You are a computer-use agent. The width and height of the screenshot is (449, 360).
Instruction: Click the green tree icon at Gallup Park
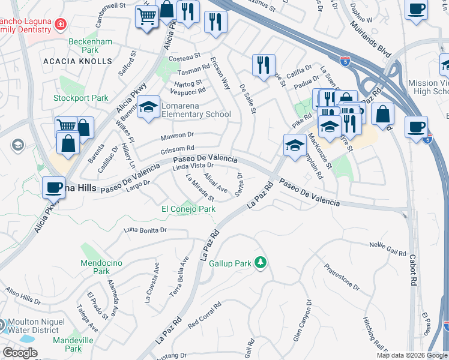click(x=260, y=262)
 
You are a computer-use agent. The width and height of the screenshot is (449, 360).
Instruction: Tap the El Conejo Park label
click(x=188, y=209)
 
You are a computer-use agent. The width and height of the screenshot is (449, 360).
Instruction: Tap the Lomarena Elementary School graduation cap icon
click(x=148, y=107)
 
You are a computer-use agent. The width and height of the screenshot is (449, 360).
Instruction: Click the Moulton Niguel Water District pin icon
click(x=2, y=325)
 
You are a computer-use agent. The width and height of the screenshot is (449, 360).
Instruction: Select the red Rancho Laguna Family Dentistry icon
click(x=60, y=24)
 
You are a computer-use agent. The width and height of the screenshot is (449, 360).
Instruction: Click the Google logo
click(x=20, y=353)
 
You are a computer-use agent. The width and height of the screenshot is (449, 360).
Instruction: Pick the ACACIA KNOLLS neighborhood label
click(x=78, y=61)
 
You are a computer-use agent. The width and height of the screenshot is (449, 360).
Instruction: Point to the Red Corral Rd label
click(x=205, y=314)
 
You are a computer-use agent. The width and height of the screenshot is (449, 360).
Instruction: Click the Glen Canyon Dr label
click(x=303, y=321)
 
